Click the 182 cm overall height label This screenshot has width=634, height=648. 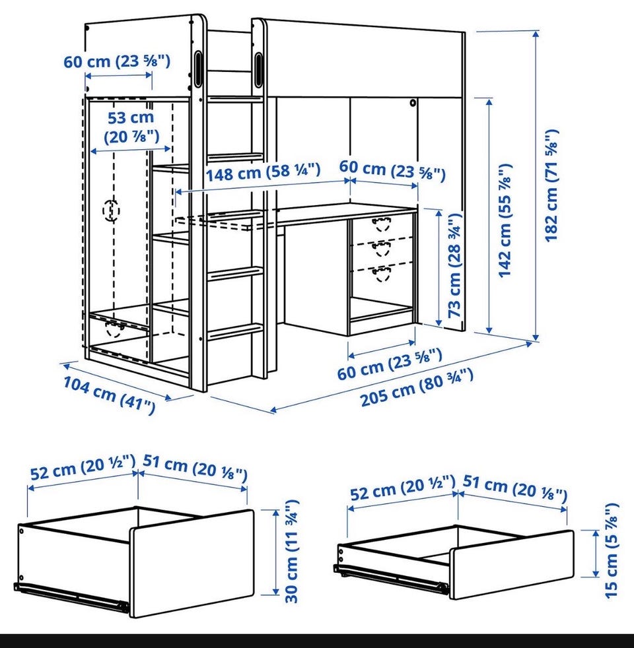[551, 185]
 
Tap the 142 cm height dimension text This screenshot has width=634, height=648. [505, 220]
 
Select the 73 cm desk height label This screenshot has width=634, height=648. [454, 265]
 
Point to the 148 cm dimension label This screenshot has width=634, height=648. [263, 172]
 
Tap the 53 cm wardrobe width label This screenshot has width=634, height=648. [131, 127]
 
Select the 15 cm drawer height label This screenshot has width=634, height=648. [611, 550]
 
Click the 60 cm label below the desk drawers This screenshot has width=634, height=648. [390, 364]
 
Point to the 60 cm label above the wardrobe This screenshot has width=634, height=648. [117, 61]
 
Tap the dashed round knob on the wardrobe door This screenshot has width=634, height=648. [111, 211]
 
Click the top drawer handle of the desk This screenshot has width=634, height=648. [381, 223]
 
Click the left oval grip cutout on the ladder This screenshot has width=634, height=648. [197, 64]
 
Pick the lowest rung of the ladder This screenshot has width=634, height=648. [235, 331]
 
